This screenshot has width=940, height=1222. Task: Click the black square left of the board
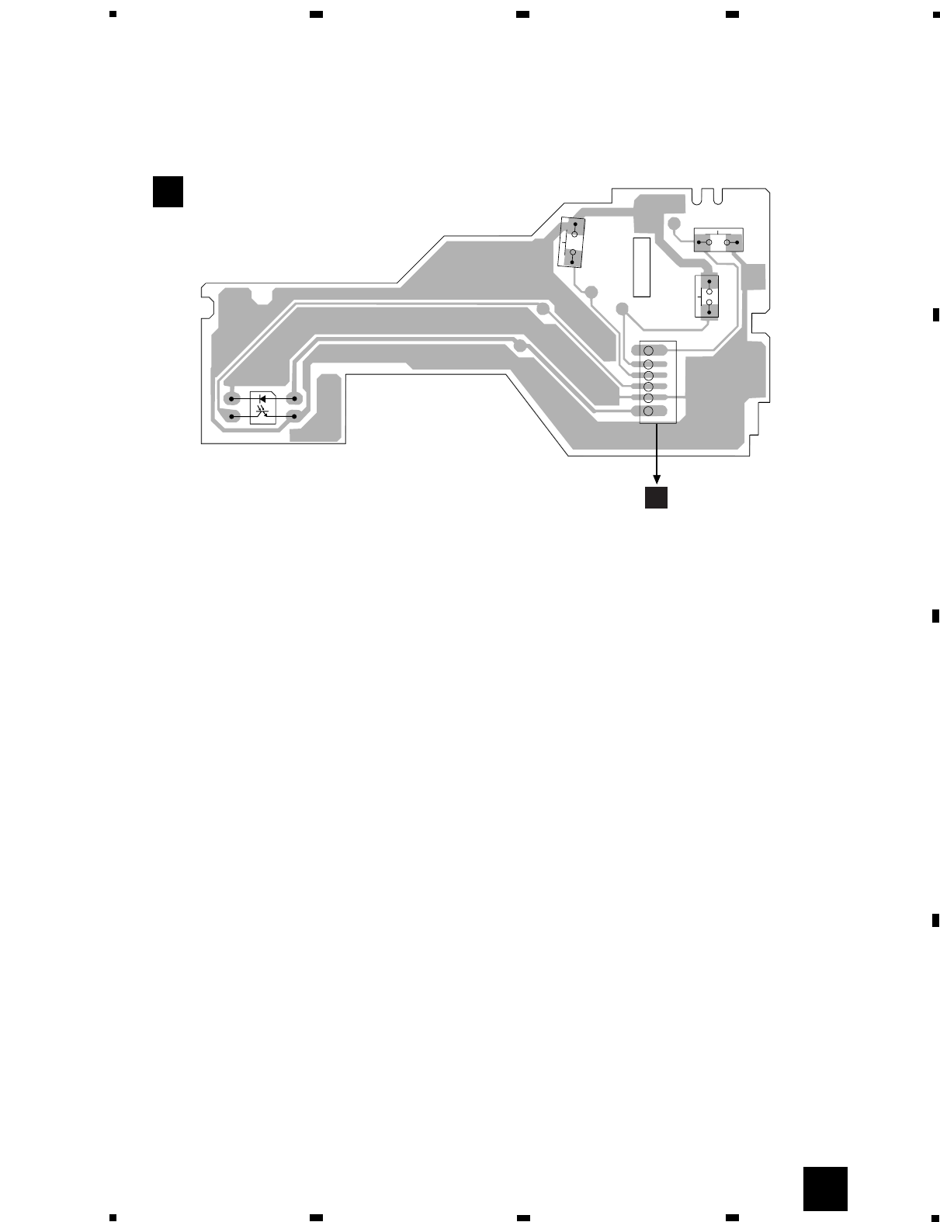pyautogui.click(x=168, y=192)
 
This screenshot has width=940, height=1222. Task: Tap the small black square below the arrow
pyautogui.click(x=657, y=498)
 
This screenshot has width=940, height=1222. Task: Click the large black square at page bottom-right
pyautogui.click(x=824, y=1189)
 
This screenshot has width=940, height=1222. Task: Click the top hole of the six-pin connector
pyautogui.click(x=650, y=350)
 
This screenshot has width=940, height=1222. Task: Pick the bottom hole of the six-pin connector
pyautogui.click(x=650, y=410)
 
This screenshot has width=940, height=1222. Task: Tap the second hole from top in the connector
pyautogui.click(x=650, y=364)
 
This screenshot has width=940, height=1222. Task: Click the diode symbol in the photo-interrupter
pyautogui.click(x=262, y=398)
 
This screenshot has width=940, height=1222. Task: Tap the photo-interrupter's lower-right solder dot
pyautogui.click(x=294, y=416)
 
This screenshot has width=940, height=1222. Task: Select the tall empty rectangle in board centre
pyautogui.click(x=640, y=267)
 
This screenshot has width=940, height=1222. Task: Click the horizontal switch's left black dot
pyautogui.click(x=699, y=243)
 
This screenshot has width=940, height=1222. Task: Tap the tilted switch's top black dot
pyautogui.click(x=575, y=225)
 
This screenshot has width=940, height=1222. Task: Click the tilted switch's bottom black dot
pyautogui.click(x=572, y=262)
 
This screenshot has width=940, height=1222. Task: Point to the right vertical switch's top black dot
pyautogui.click(x=709, y=281)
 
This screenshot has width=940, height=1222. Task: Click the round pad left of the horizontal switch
pyautogui.click(x=674, y=224)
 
